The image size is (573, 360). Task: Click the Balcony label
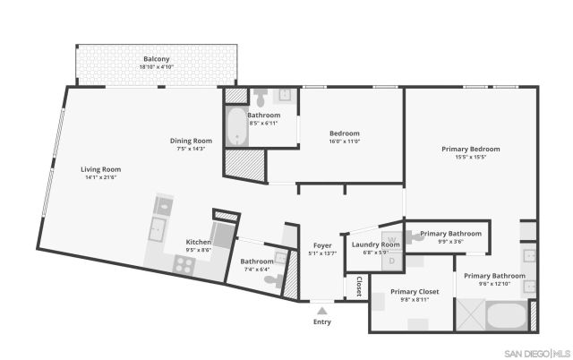157,59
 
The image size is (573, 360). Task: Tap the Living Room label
100,169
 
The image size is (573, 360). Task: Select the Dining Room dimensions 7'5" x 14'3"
192,149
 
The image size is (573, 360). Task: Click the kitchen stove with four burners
184,263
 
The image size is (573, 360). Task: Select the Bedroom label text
344,133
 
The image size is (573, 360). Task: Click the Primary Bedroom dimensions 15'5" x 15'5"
470,158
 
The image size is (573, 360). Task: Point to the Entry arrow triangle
321,310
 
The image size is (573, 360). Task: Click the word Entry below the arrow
321,321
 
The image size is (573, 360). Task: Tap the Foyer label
322,245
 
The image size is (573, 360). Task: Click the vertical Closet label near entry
359,287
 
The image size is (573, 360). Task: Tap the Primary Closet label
415,291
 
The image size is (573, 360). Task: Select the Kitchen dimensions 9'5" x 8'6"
199,251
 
